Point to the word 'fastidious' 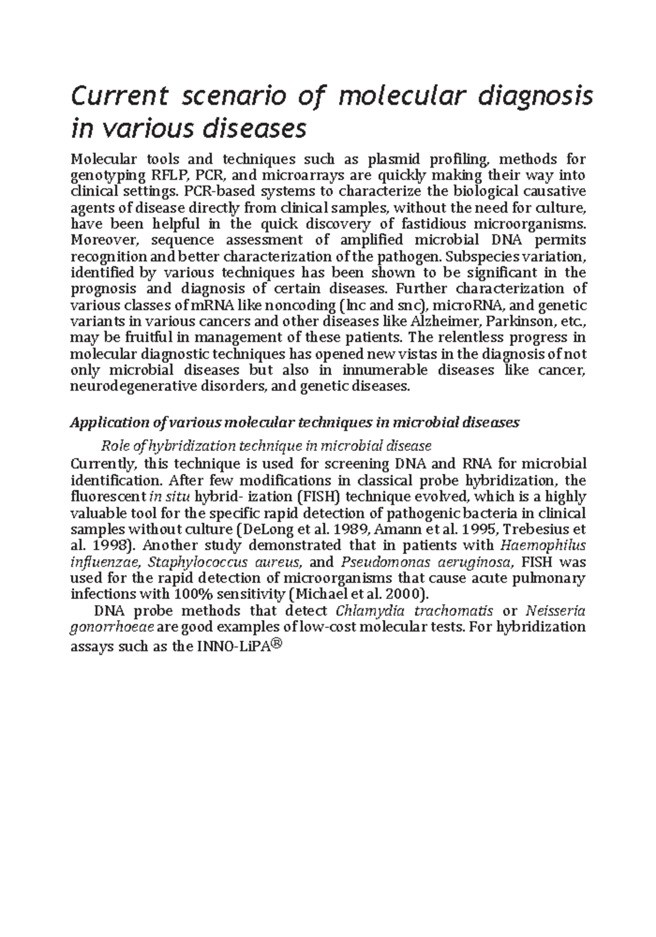click(x=434, y=224)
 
